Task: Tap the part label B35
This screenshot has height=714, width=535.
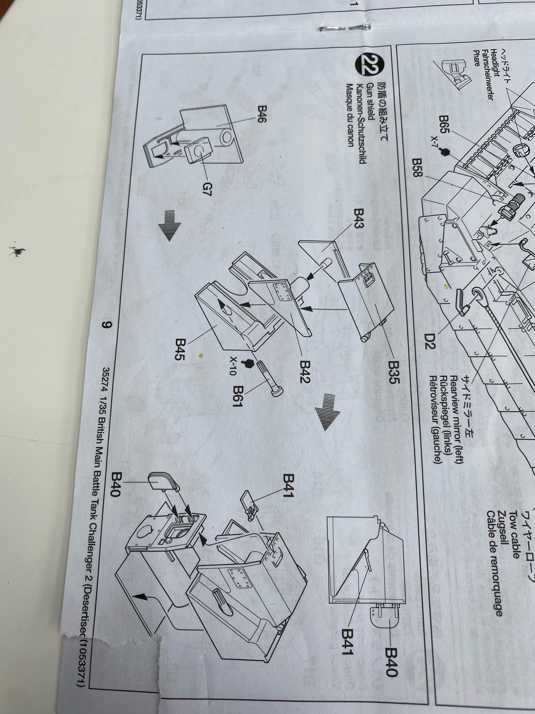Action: [x=394, y=372]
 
